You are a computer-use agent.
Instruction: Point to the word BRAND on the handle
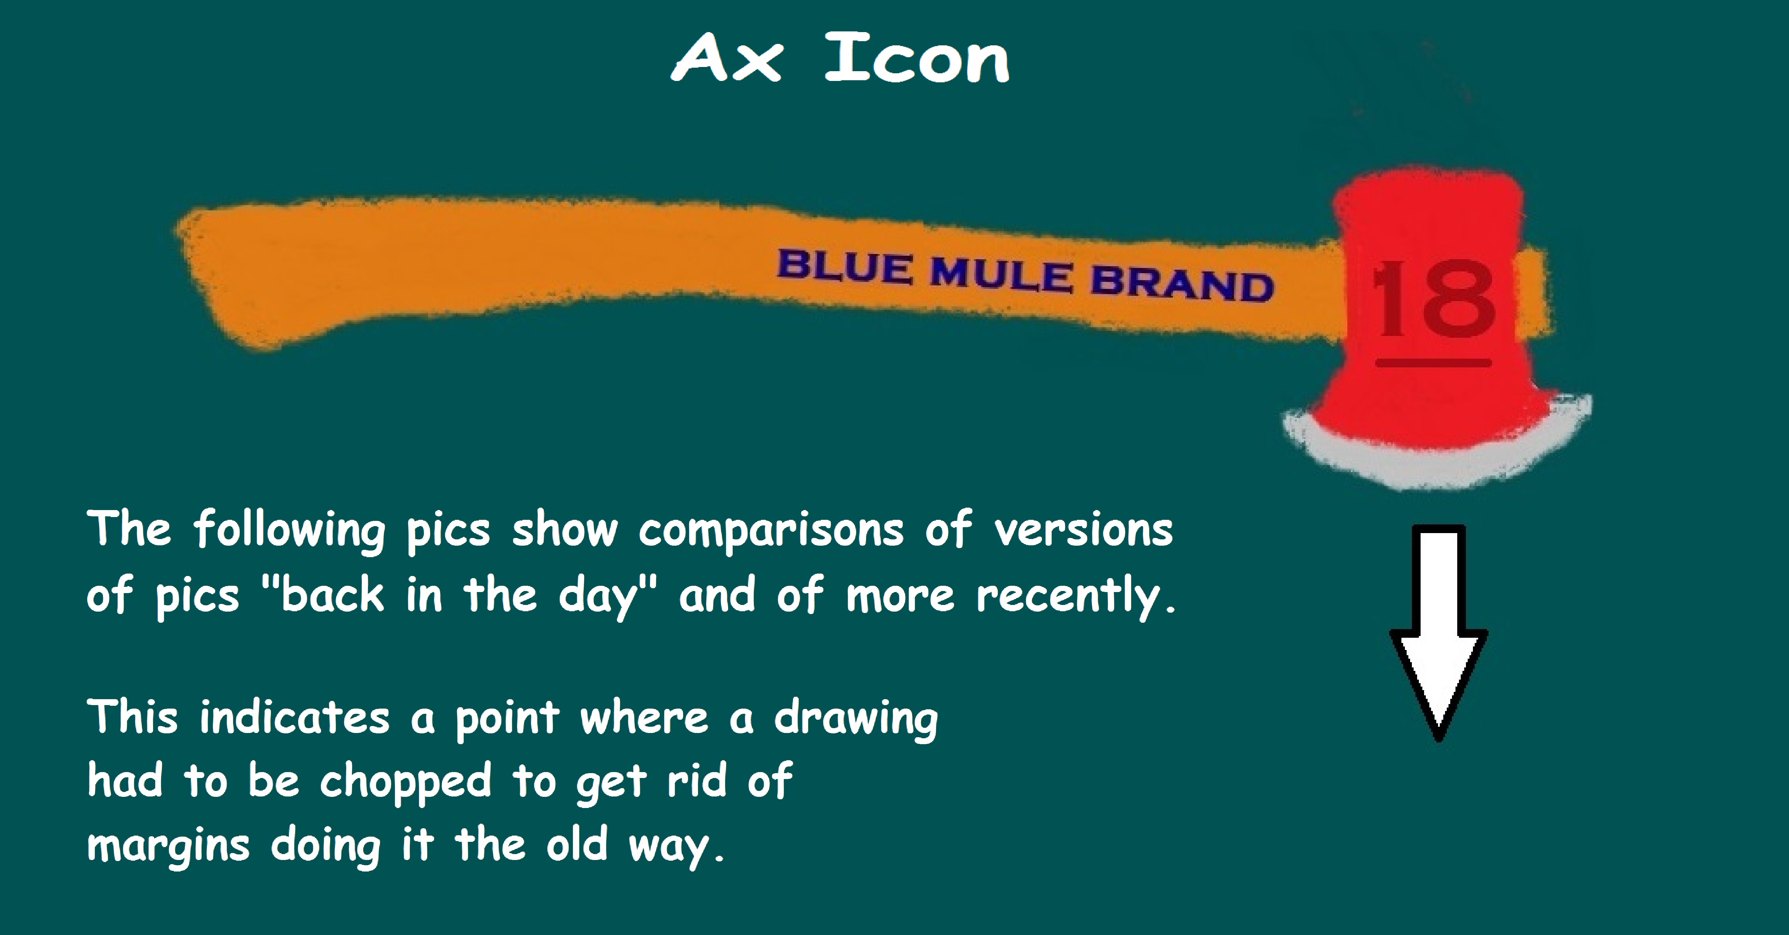pos(1182,283)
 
